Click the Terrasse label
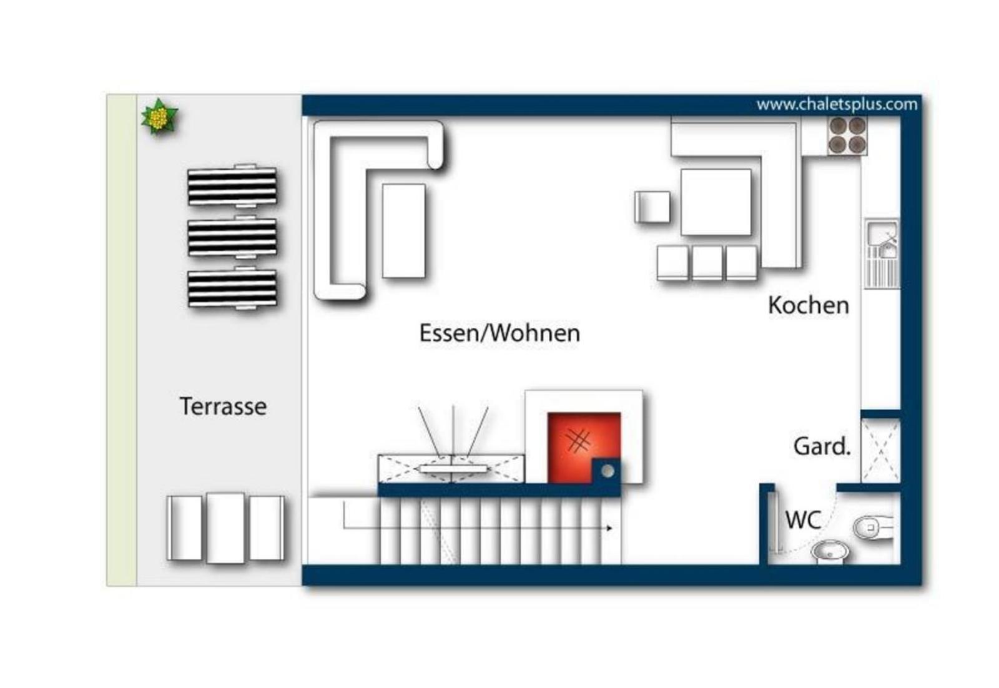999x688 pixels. [223, 406]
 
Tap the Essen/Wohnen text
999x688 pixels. [499, 333]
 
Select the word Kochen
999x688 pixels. [808, 305]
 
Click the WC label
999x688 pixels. [803, 520]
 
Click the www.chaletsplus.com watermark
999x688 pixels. [837, 104]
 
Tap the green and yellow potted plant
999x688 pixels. [159, 117]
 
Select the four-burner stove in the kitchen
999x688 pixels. [847, 135]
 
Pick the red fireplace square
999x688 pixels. [583, 447]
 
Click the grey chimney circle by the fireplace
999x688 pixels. [608, 471]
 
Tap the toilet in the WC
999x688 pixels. [874, 528]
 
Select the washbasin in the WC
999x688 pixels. [830, 552]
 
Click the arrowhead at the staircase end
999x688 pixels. [609, 528]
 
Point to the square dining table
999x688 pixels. [716, 202]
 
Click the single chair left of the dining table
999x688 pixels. [652, 207]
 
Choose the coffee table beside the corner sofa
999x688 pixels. [403, 231]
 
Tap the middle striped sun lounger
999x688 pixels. [232, 238]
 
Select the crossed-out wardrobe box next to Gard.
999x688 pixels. [881, 451]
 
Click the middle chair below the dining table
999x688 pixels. [707, 263]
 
